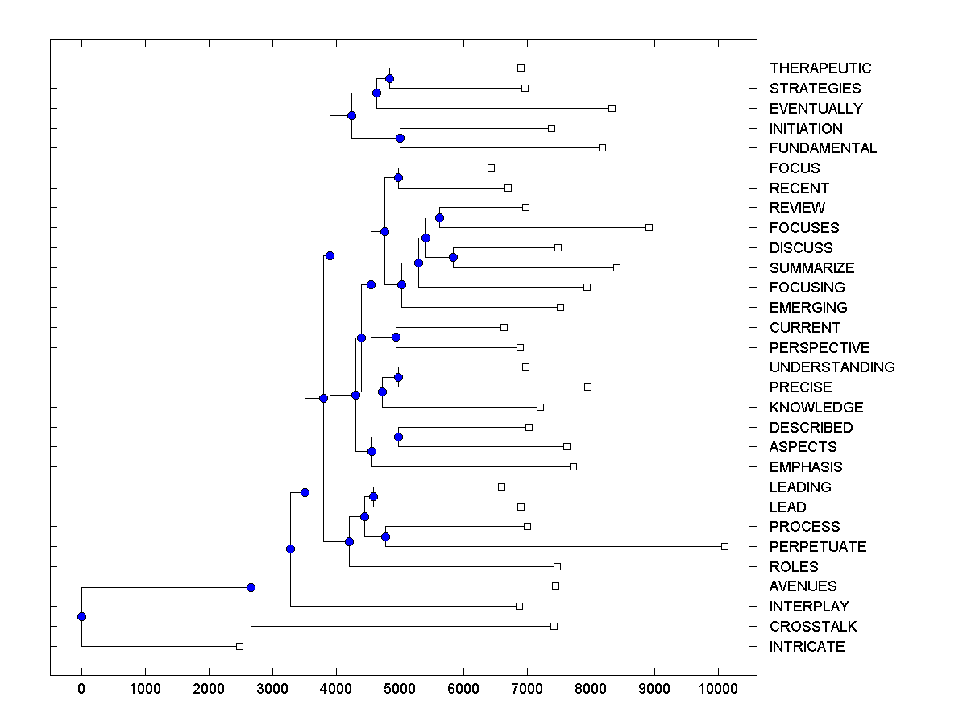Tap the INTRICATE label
coord(807,647)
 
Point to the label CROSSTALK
coord(813,627)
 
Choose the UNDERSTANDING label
coord(832,367)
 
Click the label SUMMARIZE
coord(811,268)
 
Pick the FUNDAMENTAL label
coord(823,148)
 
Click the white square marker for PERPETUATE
coord(724,546)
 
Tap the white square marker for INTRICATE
coord(239,646)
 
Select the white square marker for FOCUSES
coord(649,227)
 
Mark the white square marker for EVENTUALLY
coord(612,108)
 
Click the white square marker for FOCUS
coord(491,168)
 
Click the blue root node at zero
coord(81,616)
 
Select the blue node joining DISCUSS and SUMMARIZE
coord(453,257)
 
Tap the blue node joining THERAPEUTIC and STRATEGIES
coord(389,78)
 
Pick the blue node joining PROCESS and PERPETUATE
coord(385,536)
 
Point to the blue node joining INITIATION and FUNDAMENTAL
coord(400,138)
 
